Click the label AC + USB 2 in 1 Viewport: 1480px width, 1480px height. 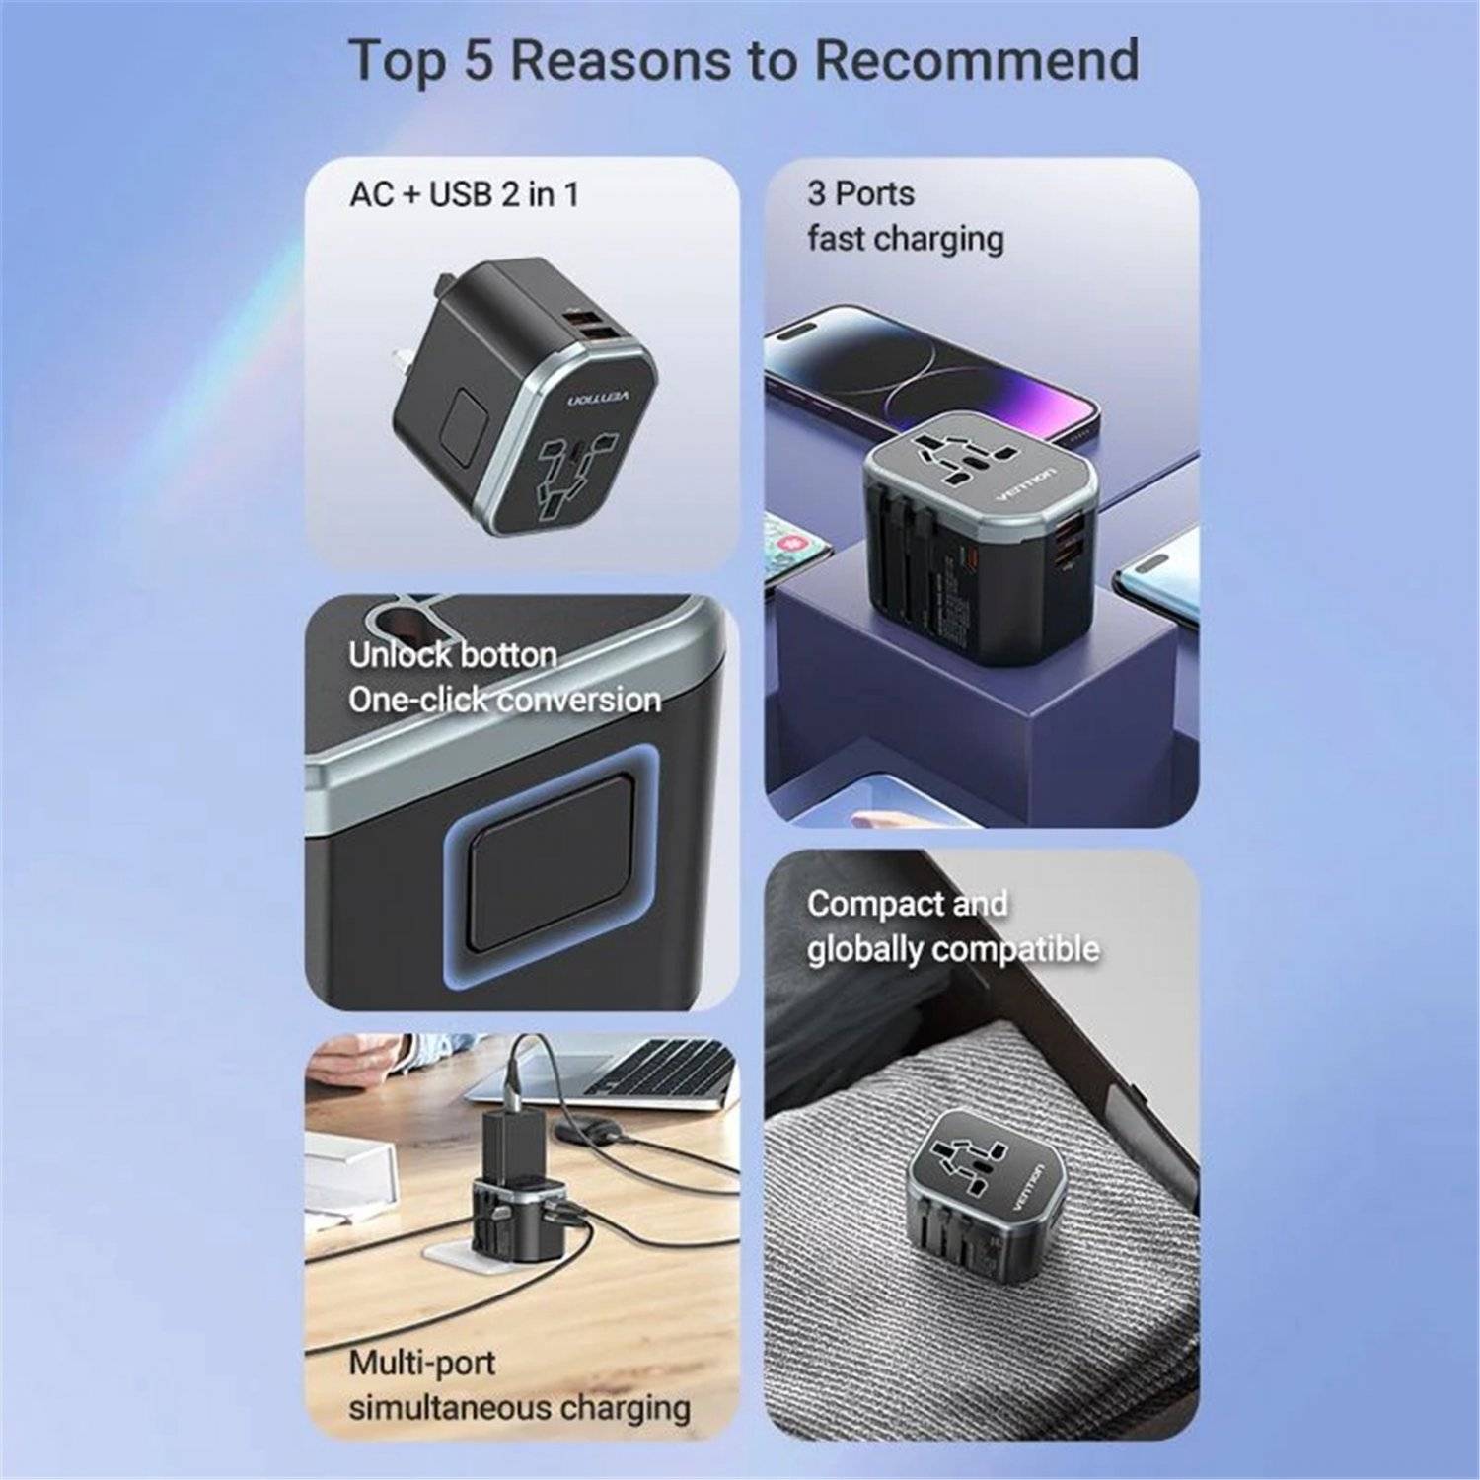pos(464,194)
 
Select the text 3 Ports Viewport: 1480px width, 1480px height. pos(860,193)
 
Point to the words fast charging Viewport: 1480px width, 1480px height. pos(905,239)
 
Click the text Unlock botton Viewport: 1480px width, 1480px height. pos(452,655)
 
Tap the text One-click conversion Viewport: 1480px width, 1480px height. pos(504,700)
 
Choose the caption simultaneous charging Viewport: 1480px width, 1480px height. pos(519,1406)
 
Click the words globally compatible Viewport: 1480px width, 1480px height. pos(952,949)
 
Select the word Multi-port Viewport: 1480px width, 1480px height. pos(421,1363)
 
